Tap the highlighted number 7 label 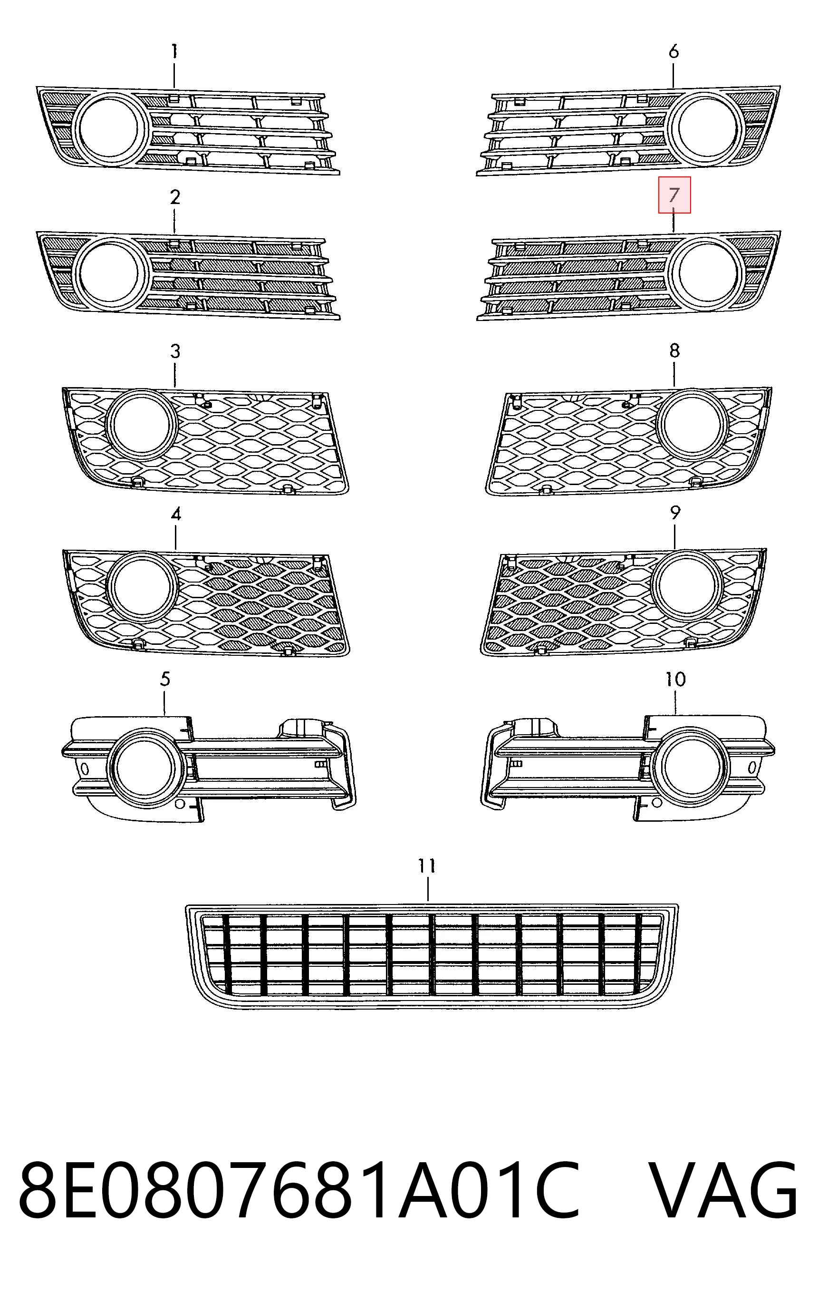(x=674, y=195)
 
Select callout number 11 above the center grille (x=427, y=865)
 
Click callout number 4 (x=175, y=515)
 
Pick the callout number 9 (x=675, y=512)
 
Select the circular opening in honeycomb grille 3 (x=142, y=424)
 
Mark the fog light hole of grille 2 (x=109, y=273)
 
